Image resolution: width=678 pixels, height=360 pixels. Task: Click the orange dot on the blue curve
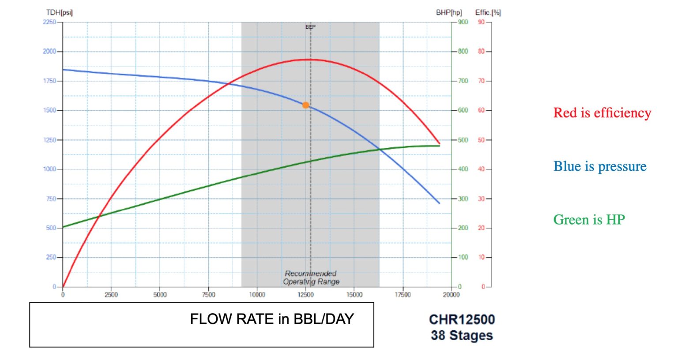[x=305, y=105]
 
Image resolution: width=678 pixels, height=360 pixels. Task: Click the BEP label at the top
[x=310, y=27]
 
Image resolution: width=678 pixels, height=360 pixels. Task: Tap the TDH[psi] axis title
[x=59, y=12]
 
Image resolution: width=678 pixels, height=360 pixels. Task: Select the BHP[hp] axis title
[x=448, y=12]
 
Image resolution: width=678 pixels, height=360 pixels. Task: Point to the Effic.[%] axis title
[x=488, y=12]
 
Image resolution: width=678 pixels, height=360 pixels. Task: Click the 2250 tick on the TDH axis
[x=49, y=22]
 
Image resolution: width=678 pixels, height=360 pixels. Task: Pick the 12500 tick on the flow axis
[x=305, y=295]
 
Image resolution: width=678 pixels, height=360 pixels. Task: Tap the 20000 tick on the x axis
[x=451, y=295]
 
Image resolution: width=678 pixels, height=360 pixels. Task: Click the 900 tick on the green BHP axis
[x=463, y=22]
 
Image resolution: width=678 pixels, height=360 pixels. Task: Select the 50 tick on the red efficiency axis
[x=481, y=140]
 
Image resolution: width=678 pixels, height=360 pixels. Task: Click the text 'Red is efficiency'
[x=602, y=113]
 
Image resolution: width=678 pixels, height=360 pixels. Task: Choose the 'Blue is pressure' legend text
[x=600, y=166]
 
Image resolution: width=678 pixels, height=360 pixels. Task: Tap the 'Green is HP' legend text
[x=589, y=220]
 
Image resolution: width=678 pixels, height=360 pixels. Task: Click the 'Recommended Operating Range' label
[x=311, y=277]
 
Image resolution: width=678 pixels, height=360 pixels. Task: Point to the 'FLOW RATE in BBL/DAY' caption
[x=272, y=319]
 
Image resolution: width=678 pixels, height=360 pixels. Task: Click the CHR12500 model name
[x=462, y=319]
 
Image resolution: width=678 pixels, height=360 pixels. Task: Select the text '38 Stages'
[x=462, y=335]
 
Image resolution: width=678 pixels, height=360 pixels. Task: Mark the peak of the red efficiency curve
[x=308, y=60]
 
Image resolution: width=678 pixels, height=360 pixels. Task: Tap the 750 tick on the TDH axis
[x=51, y=199]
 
